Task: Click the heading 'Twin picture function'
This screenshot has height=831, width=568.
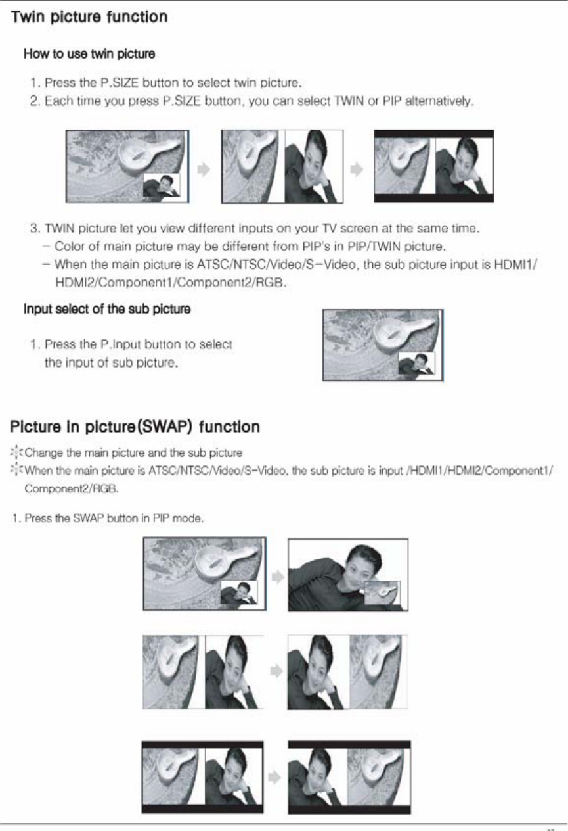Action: click(89, 17)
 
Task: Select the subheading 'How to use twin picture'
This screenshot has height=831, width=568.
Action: click(89, 54)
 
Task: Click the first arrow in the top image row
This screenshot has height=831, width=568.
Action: click(204, 169)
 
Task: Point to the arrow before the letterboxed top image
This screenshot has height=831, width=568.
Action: click(357, 169)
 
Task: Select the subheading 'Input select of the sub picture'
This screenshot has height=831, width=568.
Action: click(107, 309)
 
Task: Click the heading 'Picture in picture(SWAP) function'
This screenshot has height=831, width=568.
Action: click(135, 427)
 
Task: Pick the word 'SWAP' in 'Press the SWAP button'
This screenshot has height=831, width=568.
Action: click(88, 518)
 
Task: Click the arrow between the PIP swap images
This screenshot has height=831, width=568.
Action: click(278, 577)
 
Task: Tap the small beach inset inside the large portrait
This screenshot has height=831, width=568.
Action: click(383, 593)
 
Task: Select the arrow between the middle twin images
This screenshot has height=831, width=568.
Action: click(276, 671)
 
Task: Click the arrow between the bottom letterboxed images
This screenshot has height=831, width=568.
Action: click(274, 777)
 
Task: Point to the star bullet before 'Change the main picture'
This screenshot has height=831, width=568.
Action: click(16, 452)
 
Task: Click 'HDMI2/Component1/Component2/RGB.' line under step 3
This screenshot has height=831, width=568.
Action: click(171, 283)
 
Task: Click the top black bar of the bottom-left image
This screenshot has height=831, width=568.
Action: click(203, 745)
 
